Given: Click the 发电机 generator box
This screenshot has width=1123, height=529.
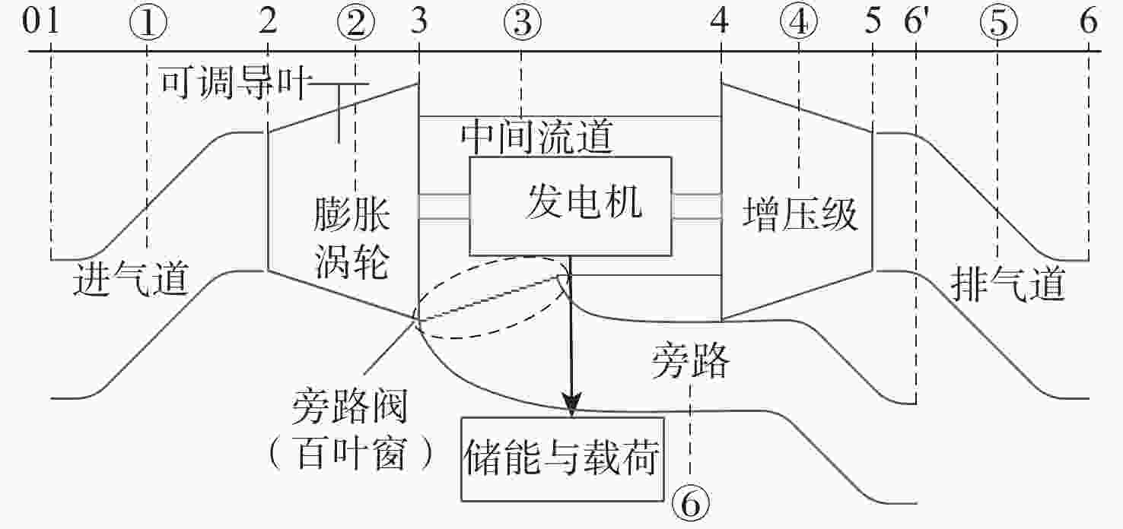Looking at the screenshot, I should [571, 205].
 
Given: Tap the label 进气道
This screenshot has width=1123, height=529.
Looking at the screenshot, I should [130, 280].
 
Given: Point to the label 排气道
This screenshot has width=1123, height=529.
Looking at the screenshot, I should [1008, 286].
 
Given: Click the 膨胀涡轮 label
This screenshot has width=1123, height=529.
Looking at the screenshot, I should [352, 240].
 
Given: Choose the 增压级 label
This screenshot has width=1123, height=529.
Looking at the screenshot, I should [800, 214].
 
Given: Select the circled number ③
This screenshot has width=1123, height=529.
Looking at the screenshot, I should [522, 24].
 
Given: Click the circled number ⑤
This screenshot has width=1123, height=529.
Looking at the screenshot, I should [998, 24].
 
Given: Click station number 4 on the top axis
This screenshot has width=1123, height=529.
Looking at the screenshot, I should [719, 23].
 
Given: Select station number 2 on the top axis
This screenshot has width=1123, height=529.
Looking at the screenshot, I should [267, 23].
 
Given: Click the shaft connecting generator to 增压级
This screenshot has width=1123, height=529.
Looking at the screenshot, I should [695, 206].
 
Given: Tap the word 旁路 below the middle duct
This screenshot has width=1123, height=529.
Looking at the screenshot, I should [690, 363].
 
